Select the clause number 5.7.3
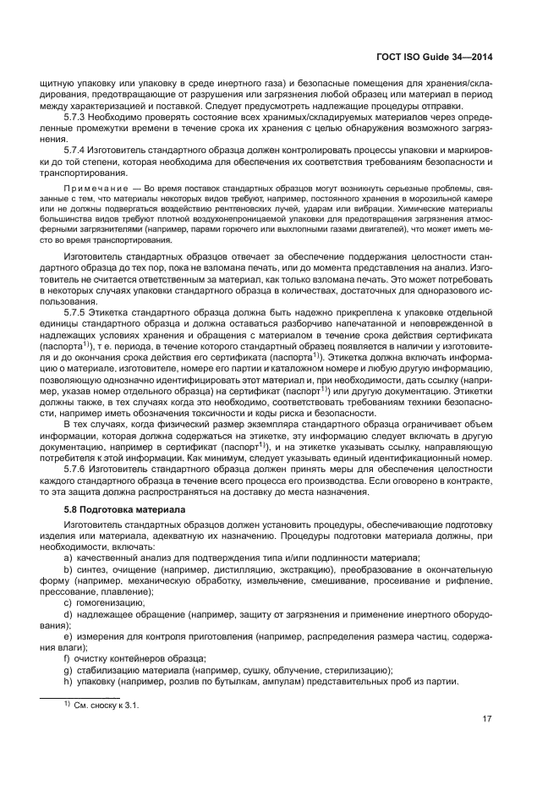[76, 117]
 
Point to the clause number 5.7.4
[76, 149]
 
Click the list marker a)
[69, 558]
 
